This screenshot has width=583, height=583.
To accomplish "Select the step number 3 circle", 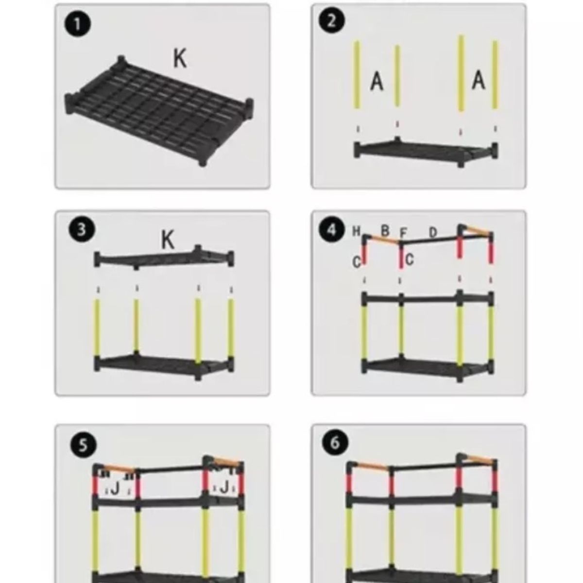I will point(82,230).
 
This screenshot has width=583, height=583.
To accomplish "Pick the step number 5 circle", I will point(82,445).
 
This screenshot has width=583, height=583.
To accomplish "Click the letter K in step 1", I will point(180,59).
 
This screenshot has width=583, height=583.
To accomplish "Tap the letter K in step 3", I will point(168,240).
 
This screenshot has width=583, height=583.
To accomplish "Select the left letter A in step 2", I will point(377,81).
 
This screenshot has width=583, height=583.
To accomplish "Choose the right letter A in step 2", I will point(479,79).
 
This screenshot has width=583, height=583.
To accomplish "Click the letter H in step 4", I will point(356,231).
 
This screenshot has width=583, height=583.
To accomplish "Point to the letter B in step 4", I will point(385,231).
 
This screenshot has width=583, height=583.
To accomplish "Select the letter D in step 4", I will point(433,233).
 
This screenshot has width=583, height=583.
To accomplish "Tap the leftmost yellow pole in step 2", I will point(357,74).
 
